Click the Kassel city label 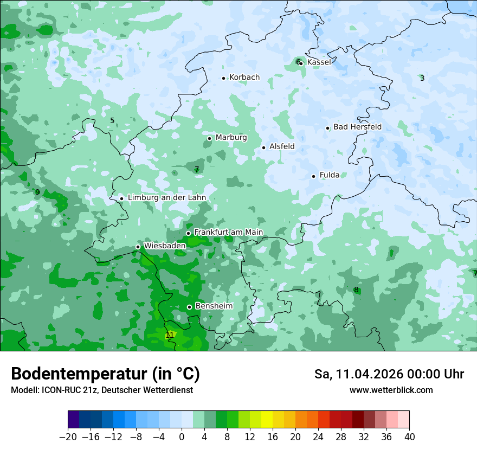[x=319, y=62]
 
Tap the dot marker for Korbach [x=223, y=78]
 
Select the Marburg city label [x=231, y=138]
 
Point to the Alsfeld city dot [x=263, y=147]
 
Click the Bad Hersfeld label [x=357, y=127]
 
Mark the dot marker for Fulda [x=313, y=176]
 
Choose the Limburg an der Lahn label [x=166, y=198]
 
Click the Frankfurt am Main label [x=228, y=233]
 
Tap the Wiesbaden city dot [x=138, y=247]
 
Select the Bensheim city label [x=214, y=306]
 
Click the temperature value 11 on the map [x=170, y=335]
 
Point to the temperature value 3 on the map [x=422, y=78]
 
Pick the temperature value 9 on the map [x=37, y=192]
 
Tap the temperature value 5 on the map [x=112, y=120]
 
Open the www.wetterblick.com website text [x=391, y=390]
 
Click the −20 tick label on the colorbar [x=68, y=437]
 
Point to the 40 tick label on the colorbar [x=409, y=437]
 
